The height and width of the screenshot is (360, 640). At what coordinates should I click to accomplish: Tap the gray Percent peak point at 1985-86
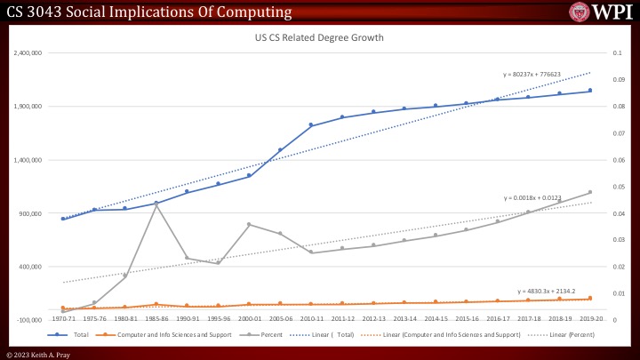pyautogui.click(x=156, y=204)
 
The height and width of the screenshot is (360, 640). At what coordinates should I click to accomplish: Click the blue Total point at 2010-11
pyautogui.click(x=311, y=125)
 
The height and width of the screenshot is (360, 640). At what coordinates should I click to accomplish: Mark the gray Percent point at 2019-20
pyautogui.click(x=590, y=192)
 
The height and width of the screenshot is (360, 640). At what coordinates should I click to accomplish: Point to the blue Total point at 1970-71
pyautogui.click(x=63, y=219)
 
